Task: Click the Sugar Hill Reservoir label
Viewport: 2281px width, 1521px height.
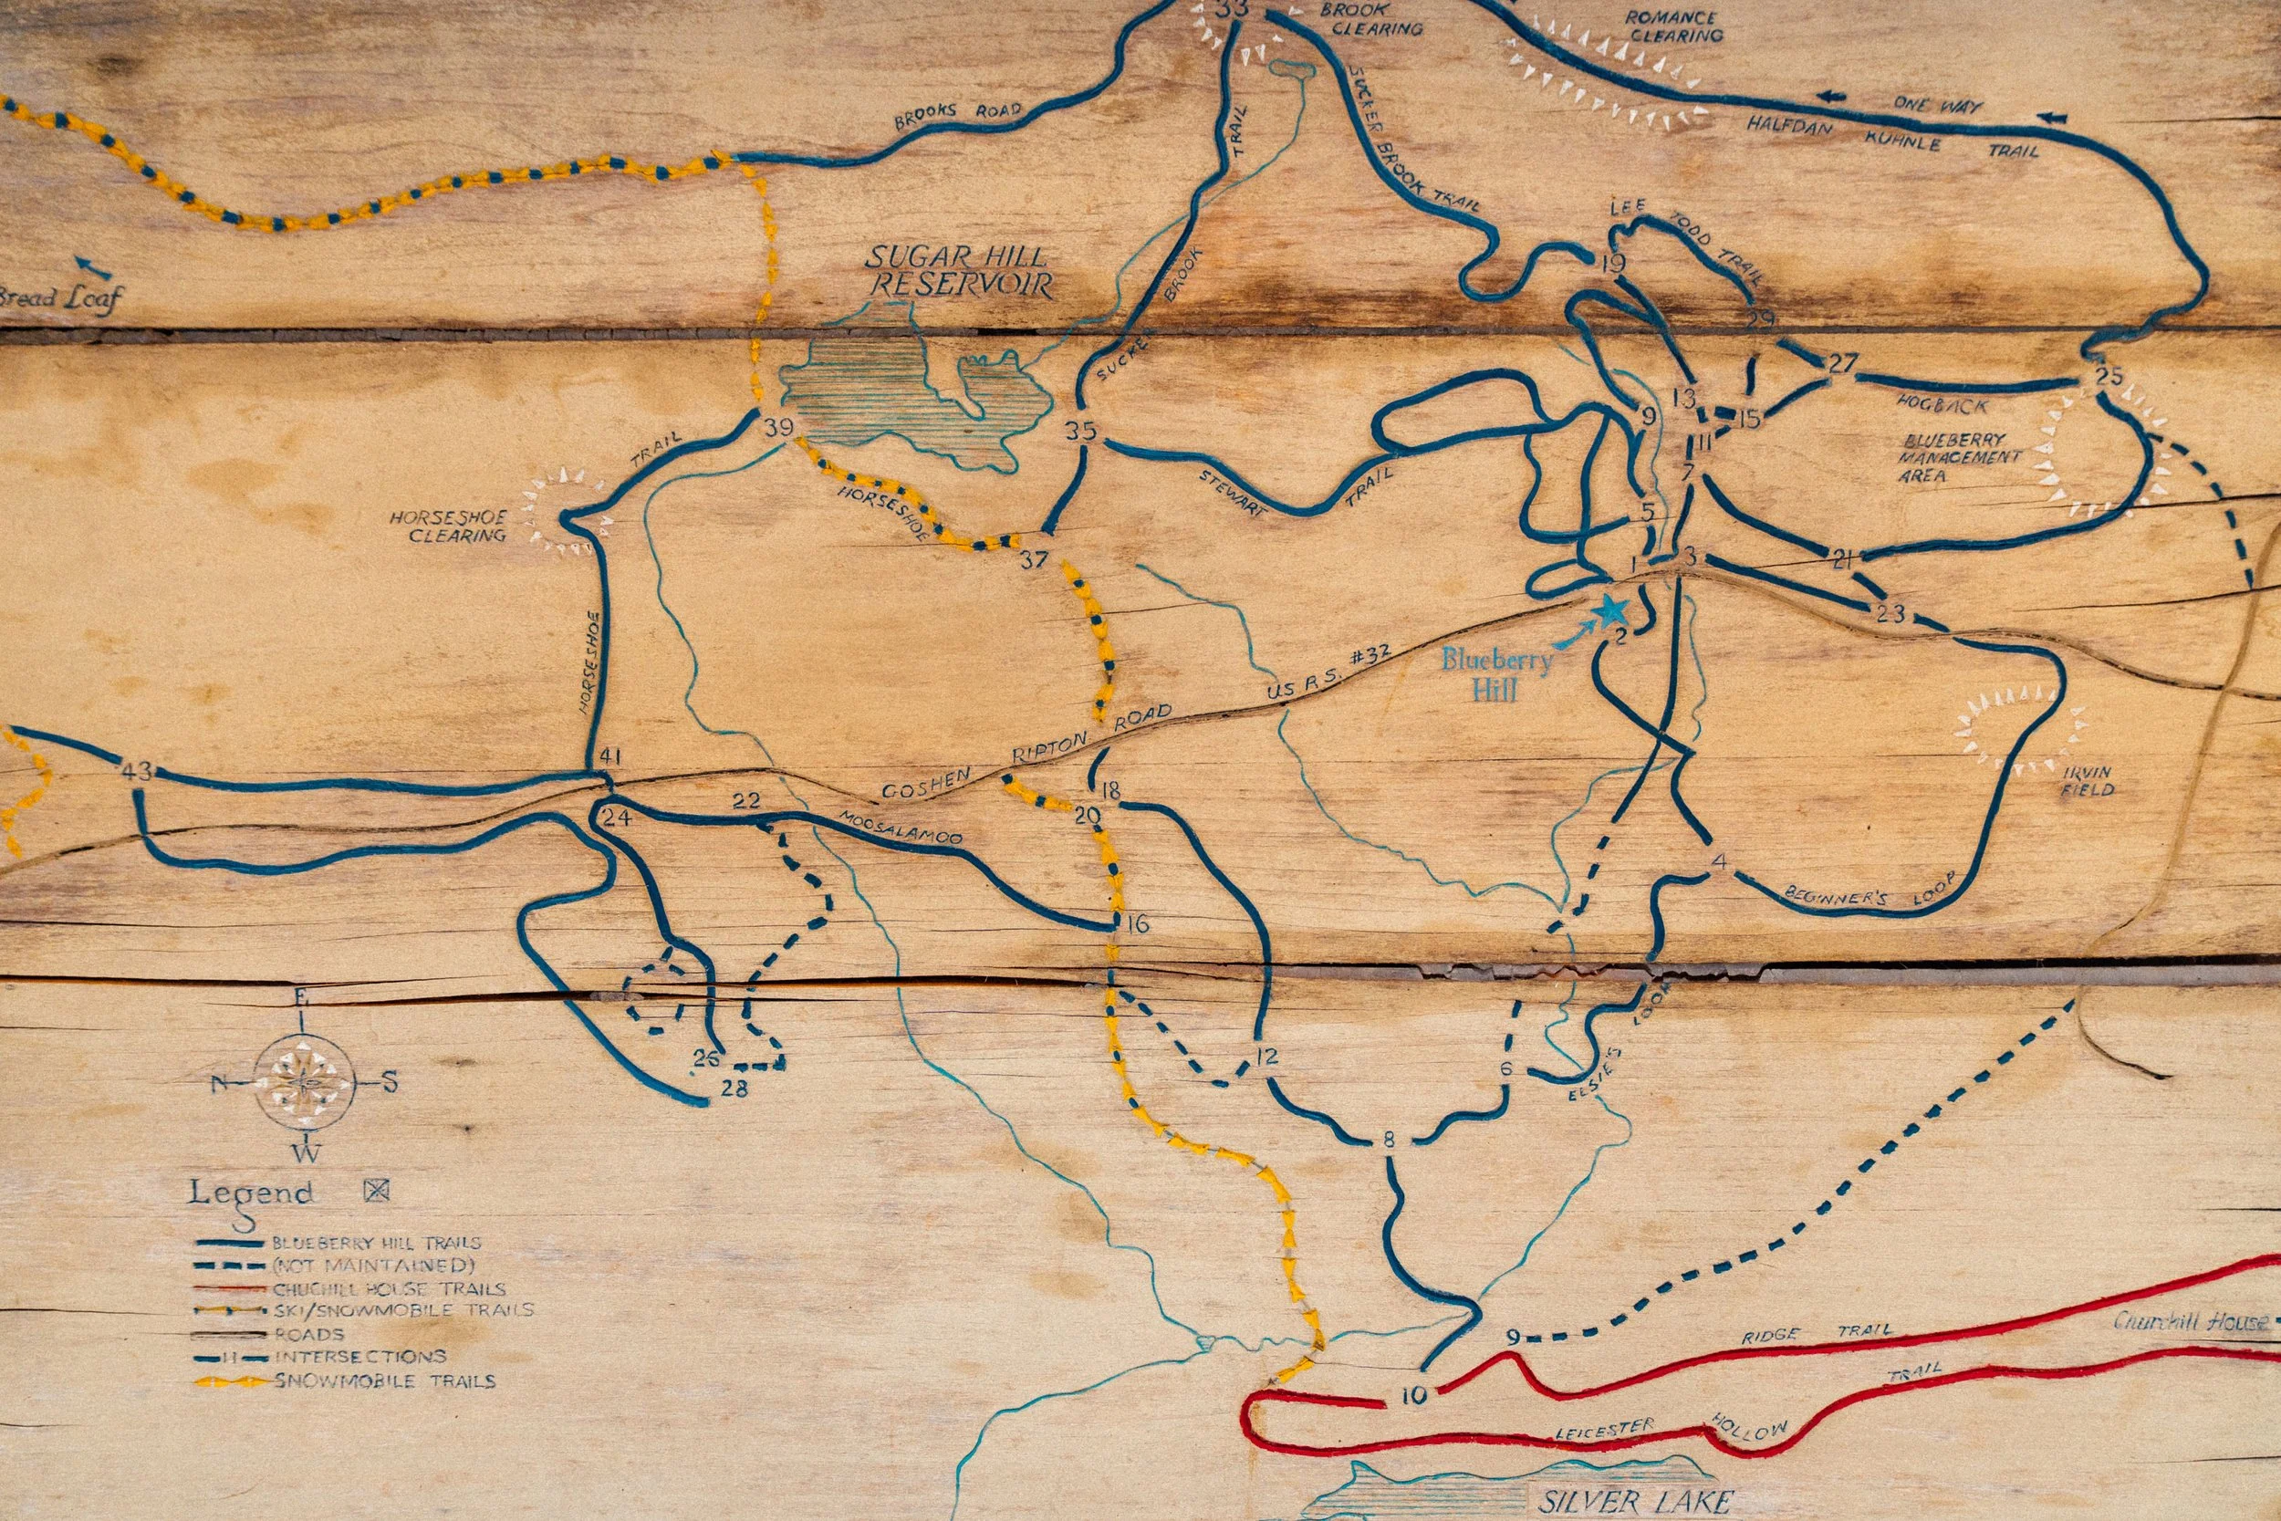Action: click(959, 271)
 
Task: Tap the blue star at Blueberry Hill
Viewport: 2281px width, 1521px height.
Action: click(1611, 610)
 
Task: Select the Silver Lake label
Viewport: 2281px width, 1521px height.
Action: click(1635, 1501)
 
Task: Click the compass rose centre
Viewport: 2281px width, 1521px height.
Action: click(305, 1080)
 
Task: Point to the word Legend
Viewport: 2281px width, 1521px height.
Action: click(251, 1193)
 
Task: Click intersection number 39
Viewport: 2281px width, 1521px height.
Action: click(777, 427)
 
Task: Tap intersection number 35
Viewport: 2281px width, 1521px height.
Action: click(1080, 431)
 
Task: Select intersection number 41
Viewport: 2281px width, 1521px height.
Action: click(610, 756)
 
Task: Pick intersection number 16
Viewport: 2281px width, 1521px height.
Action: click(1138, 922)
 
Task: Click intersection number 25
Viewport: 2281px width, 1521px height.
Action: click(2109, 375)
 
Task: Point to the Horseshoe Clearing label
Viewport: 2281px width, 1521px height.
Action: click(448, 526)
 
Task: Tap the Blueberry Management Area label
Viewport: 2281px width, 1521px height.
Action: click(1960, 457)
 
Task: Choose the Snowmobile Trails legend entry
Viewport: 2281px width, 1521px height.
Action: click(385, 1380)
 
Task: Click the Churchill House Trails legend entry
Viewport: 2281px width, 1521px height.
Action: click(388, 1289)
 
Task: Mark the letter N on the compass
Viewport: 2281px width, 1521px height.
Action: click(219, 1082)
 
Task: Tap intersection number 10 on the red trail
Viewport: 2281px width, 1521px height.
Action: click(1414, 1396)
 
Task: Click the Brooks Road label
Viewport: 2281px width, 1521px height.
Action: click(957, 114)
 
